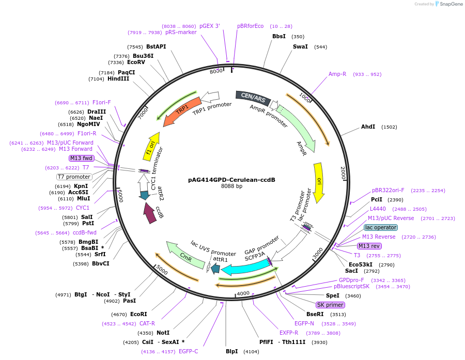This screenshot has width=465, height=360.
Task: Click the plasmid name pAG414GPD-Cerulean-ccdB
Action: click(x=231, y=180)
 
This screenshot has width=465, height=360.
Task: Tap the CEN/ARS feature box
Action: click(x=253, y=97)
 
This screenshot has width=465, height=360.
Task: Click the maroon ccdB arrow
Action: click(x=150, y=212)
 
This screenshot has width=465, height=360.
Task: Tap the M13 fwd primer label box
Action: click(x=81, y=158)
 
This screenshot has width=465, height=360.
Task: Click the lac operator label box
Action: click(x=381, y=227)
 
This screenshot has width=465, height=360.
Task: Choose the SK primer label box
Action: click(x=331, y=305)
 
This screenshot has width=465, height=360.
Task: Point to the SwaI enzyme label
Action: click(x=300, y=46)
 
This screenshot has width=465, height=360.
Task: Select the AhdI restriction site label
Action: click(x=368, y=127)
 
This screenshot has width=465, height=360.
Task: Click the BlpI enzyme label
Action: click(x=231, y=351)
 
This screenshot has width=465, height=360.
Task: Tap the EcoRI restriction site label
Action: click(x=138, y=314)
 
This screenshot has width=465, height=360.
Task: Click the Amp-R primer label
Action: click(x=337, y=74)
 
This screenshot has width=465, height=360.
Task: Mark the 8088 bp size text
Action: click(x=231, y=186)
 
